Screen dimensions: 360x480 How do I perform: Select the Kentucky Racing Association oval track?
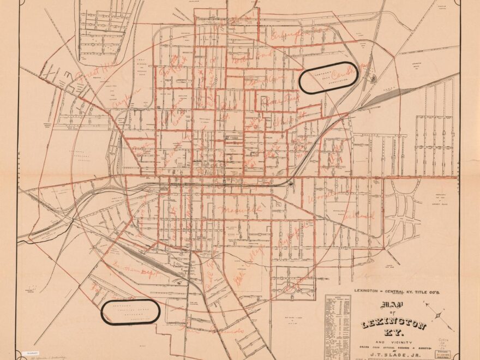click(328, 77)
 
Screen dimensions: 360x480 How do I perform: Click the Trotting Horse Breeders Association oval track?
click(131, 311)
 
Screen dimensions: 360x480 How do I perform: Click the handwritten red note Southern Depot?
click(134, 271)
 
